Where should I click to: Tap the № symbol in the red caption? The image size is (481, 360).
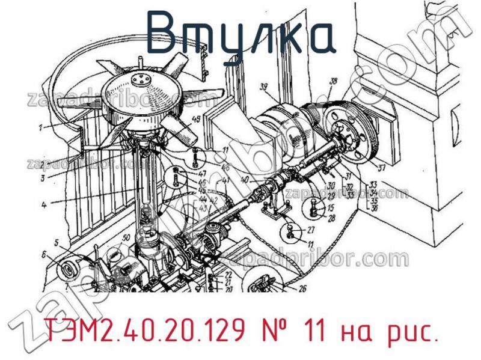tap(275, 329)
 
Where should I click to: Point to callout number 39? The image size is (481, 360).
tap(263, 89)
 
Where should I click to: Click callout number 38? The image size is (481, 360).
tap(334, 82)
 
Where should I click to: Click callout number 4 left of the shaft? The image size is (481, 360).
tap(44, 204)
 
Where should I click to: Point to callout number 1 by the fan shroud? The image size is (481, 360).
tap(40, 127)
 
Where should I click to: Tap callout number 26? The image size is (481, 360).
tap(302, 288)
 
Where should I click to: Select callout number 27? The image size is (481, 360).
tap(311, 230)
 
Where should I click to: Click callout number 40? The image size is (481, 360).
tap(243, 179)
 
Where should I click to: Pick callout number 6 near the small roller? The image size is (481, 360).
tap(43, 254)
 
